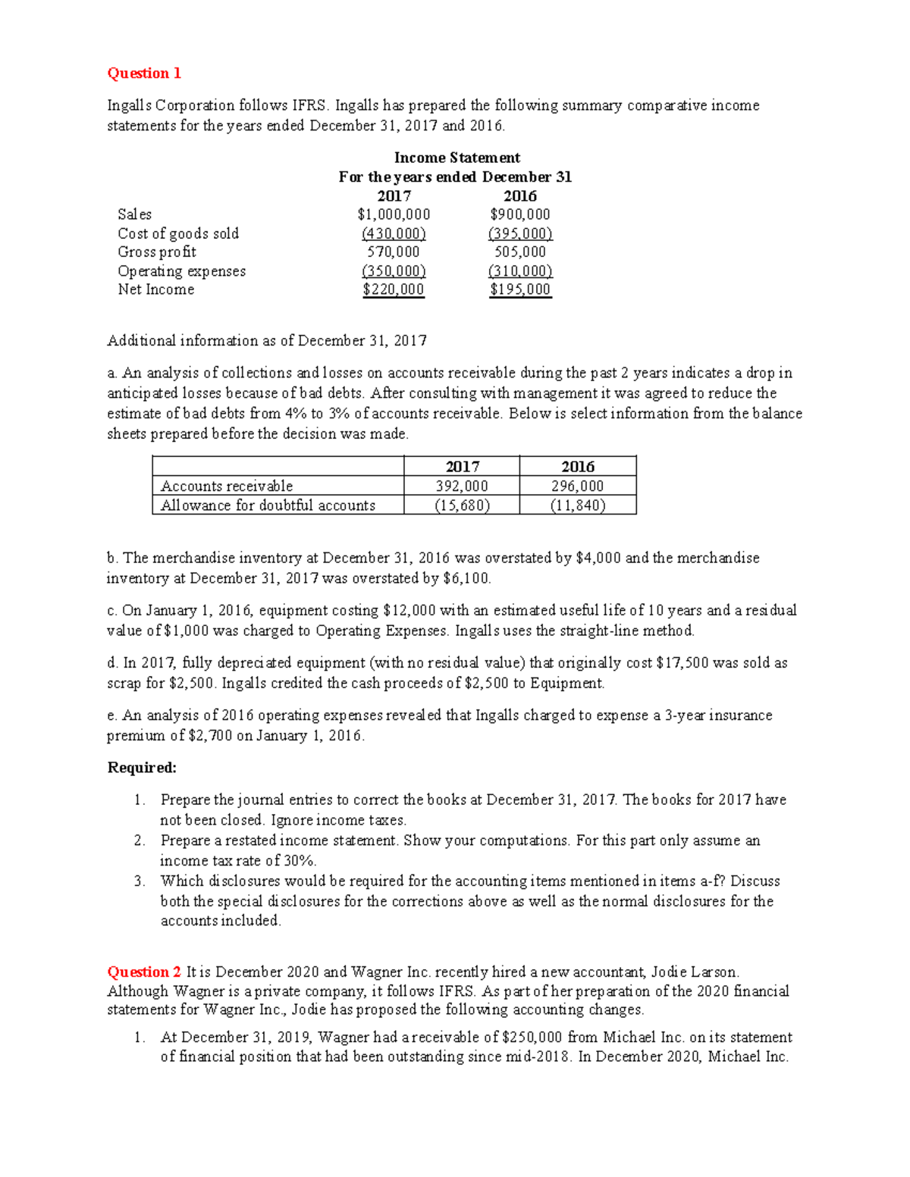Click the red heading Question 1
click(x=144, y=74)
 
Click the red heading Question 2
click(x=144, y=972)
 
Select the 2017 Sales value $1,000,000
click(x=394, y=214)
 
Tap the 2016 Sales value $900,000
click(x=520, y=214)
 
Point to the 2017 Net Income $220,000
click(x=394, y=290)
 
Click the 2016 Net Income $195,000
click(x=520, y=290)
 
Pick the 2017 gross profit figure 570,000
click(x=394, y=252)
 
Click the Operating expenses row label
click(x=182, y=271)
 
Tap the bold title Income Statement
click(x=457, y=158)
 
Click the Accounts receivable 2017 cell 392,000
click(x=462, y=486)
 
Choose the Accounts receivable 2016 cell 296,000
click(x=578, y=486)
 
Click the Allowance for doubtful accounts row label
click(x=268, y=506)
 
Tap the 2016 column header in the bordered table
click(x=578, y=467)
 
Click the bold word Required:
click(x=142, y=768)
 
